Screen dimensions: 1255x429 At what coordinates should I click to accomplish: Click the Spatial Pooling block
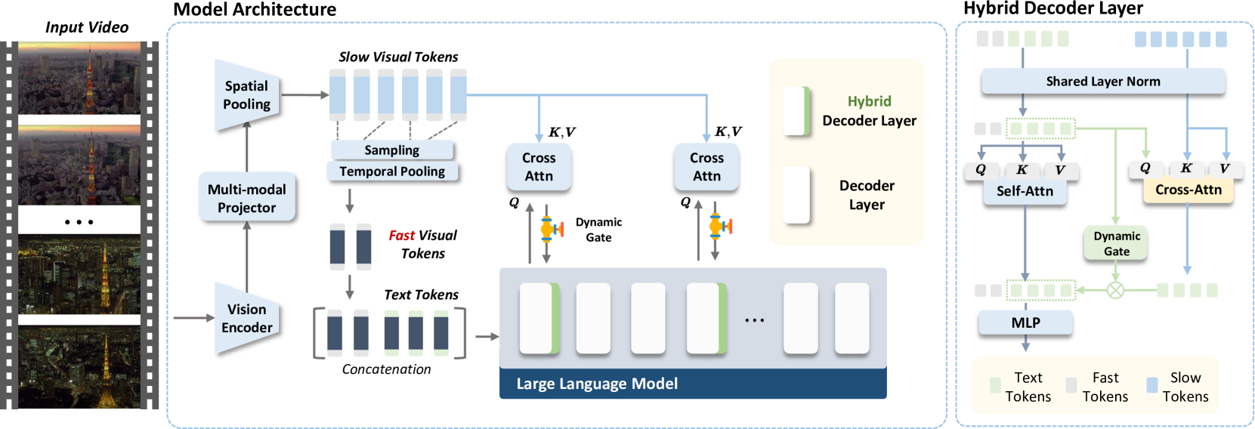point(246,95)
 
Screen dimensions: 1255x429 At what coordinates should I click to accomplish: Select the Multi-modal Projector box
point(246,198)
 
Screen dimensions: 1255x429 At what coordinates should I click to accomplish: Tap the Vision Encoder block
point(246,318)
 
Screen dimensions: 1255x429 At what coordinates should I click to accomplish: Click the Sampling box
point(392,150)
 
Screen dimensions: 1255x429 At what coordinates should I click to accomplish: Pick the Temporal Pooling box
point(392,171)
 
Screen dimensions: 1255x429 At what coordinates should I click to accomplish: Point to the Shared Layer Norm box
point(1103,82)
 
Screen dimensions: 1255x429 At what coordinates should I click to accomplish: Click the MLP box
point(1025,323)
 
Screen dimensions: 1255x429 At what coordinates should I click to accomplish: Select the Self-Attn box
point(1024,192)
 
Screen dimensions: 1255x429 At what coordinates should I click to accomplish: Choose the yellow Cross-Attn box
point(1189,190)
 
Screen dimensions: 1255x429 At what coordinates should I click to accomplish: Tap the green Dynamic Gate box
point(1116,244)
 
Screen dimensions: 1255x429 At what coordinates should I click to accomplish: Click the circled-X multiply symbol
point(1115,290)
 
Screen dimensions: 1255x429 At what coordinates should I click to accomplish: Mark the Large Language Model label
point(597,384)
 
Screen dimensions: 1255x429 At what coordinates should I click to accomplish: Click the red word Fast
point(402,235)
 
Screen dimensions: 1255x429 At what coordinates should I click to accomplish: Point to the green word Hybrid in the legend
point(869,101)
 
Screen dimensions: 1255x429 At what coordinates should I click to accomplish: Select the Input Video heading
point(87,27)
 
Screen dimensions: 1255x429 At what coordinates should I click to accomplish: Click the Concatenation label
point(387,369)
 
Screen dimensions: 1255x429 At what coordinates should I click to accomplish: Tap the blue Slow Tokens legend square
point(1152,385)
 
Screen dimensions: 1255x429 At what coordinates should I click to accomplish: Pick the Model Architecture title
point(255,9)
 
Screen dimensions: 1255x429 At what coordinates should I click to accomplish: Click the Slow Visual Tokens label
point(398,57)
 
